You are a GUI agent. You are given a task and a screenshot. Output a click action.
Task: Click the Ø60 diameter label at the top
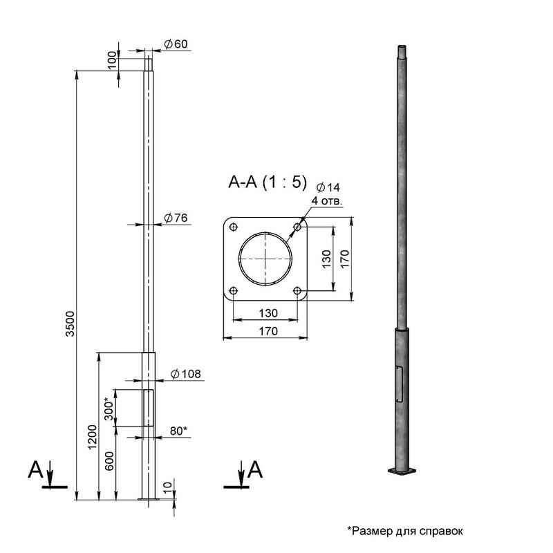[x=176, y=44]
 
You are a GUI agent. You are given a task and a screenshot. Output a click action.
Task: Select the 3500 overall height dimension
[x=71, y=324]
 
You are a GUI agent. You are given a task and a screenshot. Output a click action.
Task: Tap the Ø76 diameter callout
[x=176, y=218]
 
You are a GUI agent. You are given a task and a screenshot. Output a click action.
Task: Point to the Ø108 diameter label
[x=185, y=374]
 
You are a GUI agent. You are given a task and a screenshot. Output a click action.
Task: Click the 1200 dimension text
[x=92, y=437]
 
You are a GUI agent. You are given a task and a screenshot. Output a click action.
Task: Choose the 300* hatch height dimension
[x=109, y=409]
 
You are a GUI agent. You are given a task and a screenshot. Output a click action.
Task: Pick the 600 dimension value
[x=110, y=461]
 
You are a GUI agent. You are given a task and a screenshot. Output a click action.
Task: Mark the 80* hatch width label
[x=178, y=431]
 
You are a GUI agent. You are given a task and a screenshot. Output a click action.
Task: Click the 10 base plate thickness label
[x=168, y=487]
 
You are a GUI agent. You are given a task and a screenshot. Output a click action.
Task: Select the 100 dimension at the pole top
[x=112, y=60]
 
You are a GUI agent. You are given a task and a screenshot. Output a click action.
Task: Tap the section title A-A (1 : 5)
[x=268, y=182]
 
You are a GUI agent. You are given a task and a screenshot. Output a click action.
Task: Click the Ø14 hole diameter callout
[x=328, y=187]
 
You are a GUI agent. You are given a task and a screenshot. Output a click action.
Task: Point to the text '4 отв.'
[x=327, y=201]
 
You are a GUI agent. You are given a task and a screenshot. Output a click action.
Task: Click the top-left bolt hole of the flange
[x=234, y=227]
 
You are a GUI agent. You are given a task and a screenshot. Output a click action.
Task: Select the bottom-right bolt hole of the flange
[x=297, y=291]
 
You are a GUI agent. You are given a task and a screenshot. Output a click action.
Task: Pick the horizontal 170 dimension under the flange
[x=268, y=332]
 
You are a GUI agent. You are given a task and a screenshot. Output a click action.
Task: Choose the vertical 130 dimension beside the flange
[x=326, y=259]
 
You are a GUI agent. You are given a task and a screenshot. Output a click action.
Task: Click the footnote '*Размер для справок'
[x=405, y=531]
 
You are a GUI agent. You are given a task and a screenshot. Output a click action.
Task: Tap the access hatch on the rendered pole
[x=399, y=384]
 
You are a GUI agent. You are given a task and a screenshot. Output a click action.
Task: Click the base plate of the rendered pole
[x=402, y=471]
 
